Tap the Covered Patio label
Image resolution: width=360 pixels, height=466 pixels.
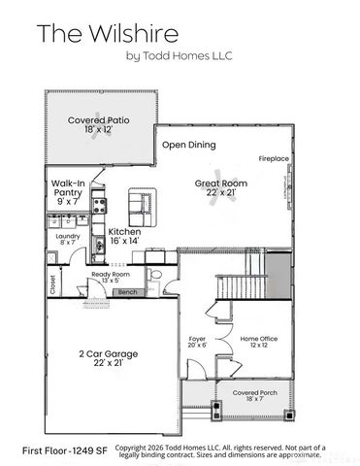(99, 121)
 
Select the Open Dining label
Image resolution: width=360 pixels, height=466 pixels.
(187, 145)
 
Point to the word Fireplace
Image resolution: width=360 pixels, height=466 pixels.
(273, 157)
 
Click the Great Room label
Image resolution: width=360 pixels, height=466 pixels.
(220, 183)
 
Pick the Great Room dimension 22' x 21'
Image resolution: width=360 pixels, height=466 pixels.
(220, 193)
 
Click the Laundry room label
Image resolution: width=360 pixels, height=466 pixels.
(68, 236)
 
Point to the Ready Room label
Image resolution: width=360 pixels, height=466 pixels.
(110, 275)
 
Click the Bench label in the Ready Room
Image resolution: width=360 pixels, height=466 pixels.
(127, 291)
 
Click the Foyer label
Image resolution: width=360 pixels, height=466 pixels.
(197, 340)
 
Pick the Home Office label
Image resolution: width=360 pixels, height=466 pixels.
(258, 339)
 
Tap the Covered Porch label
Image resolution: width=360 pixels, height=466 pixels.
(253, 393)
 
